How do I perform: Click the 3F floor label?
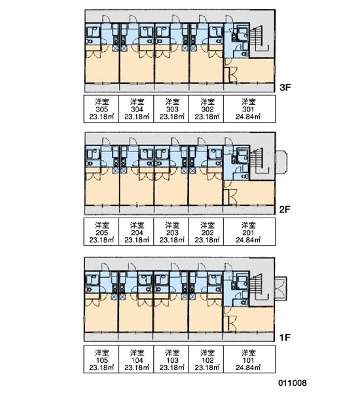click(x=285, y=88)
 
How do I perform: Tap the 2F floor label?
click(x=285, y=210)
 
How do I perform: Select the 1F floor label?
click(x=285, y=337)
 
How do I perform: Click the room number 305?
click(x=101, y=109)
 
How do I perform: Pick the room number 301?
click(x=248, y=109)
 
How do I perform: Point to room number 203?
click(x=172, y=233)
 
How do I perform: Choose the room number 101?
click(x=248, y=360)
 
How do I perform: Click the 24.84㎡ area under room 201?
click(x=248, y=240)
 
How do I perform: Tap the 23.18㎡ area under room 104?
click(x=137, y=367)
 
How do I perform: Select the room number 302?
click(x=207, y=109)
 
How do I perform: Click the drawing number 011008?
click(x=293, y=383)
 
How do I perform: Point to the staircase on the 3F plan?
click(x=259, y=37)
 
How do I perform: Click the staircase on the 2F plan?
click(x=259, y=160)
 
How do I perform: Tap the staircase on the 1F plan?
click(x=258, y=288)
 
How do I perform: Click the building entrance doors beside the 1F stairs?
click(x=281, y=289)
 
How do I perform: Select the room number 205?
click(x=101, y=233)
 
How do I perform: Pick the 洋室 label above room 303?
click(x=172, y=102)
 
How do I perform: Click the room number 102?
click(x=207, y=360)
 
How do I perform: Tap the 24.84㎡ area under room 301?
click(x=248, y=117)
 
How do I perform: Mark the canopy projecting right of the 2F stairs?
click(x=281, y=162)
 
